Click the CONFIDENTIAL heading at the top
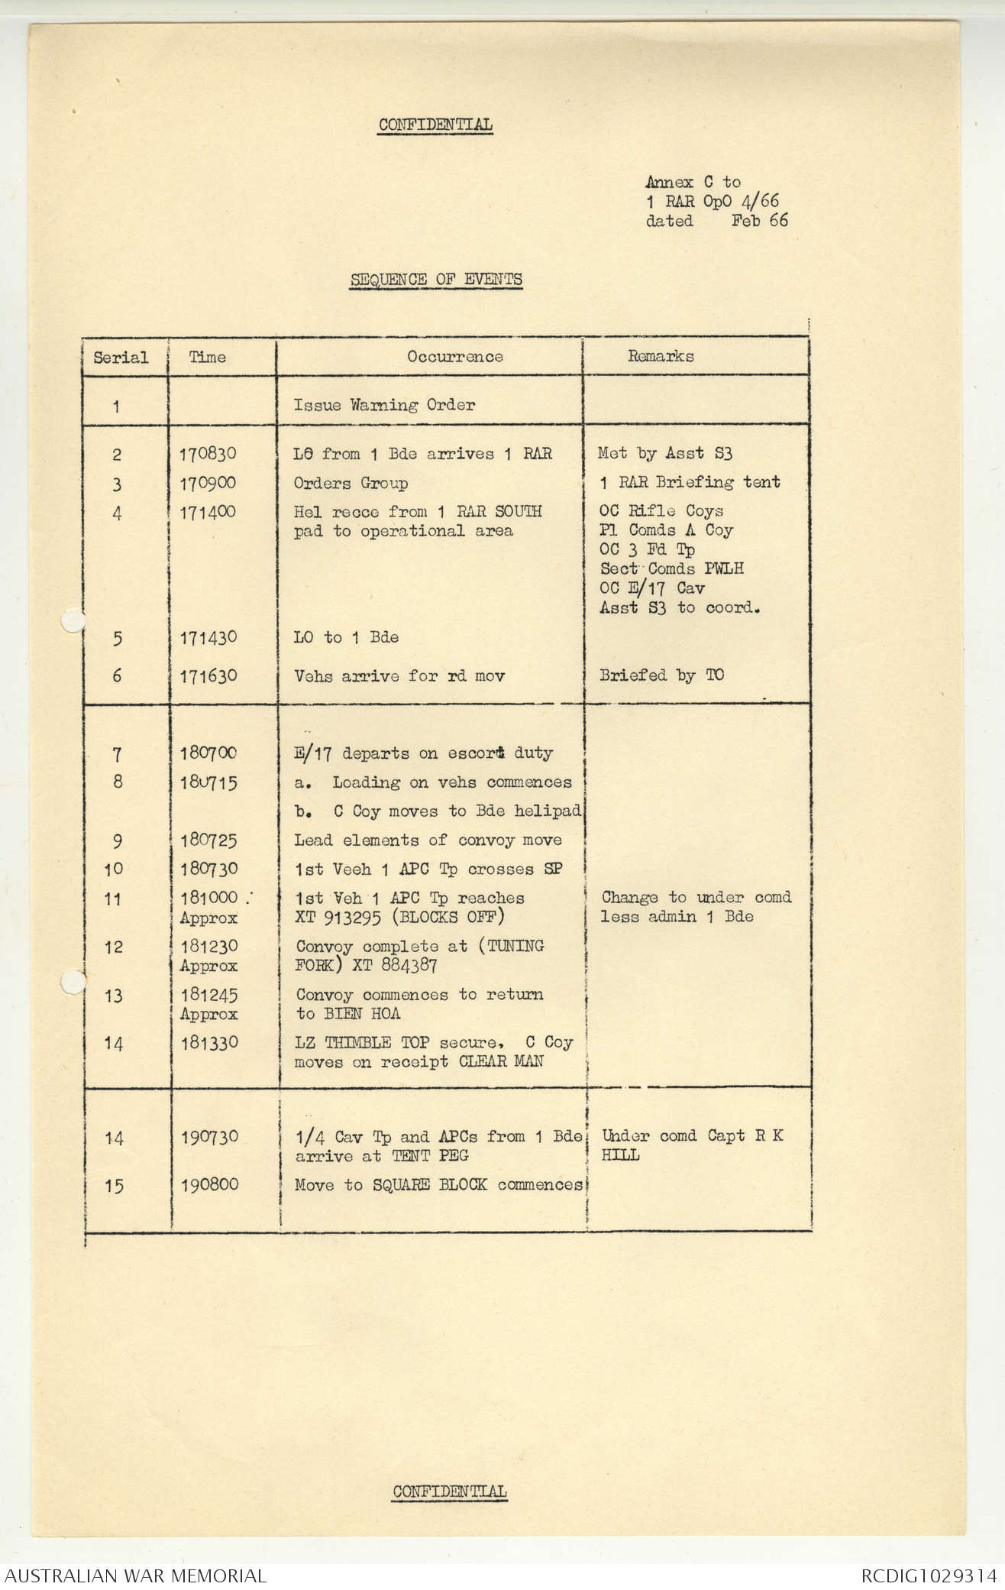[x=435, y=125]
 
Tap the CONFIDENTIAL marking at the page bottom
[x=449, y=1491]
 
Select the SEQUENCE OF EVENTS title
[x=436, y=279]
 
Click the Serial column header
[x=121, y=357]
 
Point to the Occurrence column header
[x=454, y=357]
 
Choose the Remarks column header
[x=661, y=355]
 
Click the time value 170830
[x=208, y=454]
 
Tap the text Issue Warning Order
[x=384, y=405]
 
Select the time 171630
[x=208, y=675]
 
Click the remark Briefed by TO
[x=661, y=675]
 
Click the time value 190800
[x=209, y=1184]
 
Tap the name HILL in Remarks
[x=620, y=1155]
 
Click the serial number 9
[x=117, y=840]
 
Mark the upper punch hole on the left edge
[x=70, y=621]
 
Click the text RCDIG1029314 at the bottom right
[x=929, y=1575]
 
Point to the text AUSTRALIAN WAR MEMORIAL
[x=136, y=1575]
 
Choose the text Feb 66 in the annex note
[x=759, y=221]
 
